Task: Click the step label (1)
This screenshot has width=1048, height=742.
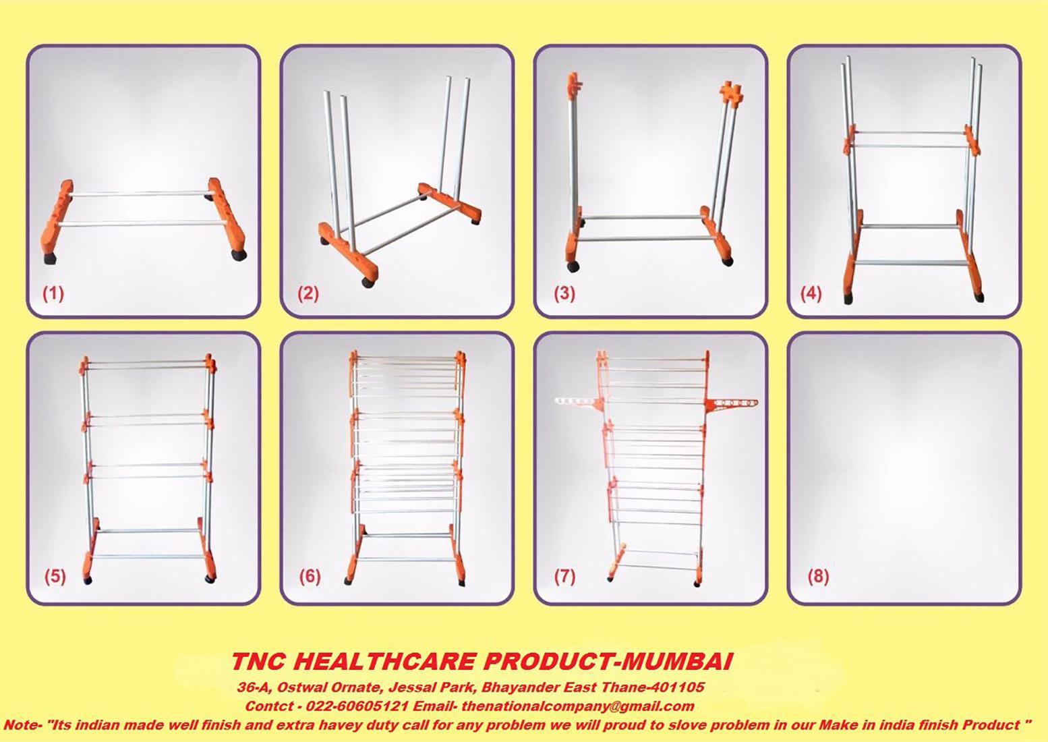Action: [x=53, y=294]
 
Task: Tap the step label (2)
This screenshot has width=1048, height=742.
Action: [x=308, y=294]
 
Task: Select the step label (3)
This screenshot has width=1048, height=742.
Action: [x=564, y=294]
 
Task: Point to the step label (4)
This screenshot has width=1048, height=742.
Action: [x=811, y=294]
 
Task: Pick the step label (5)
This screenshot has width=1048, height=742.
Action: [x=55, y=576]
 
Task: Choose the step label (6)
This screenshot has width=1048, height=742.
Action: [x=310, y=576]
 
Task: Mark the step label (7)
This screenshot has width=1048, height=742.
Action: [x=564, y=576]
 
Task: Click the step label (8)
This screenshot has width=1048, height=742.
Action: [x=818, y=576]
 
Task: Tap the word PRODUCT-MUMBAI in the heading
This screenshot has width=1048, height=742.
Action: [x=607, y=662]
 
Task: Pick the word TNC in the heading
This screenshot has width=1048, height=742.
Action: [x=256, y=662]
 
